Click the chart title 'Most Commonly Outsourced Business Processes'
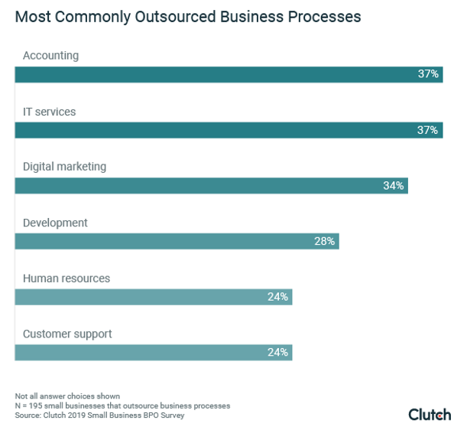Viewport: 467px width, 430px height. (x=188, y=16)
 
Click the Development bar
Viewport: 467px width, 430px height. (x=168, y=242)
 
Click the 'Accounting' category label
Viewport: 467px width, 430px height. (x=50, y=56)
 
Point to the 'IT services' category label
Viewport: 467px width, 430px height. (x=49, y=112)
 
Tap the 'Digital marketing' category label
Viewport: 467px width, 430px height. (x=64, y=167)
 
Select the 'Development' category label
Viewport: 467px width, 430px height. (x=55, y=223)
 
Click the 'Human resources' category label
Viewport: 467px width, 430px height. (x=66, y=279)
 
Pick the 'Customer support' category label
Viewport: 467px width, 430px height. (x=67, y=334)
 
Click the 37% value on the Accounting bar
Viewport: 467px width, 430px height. (x=428, y=74)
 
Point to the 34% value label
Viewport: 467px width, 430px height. (x=393, y=186)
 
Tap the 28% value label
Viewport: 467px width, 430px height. (x=324, y=242)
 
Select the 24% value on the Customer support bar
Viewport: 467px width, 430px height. (x=277, y=353)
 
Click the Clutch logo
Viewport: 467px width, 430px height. (x=430, y=414)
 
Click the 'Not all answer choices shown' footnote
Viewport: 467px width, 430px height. (x=67, y=396)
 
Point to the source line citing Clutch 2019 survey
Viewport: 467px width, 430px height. (x=99, y=415)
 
